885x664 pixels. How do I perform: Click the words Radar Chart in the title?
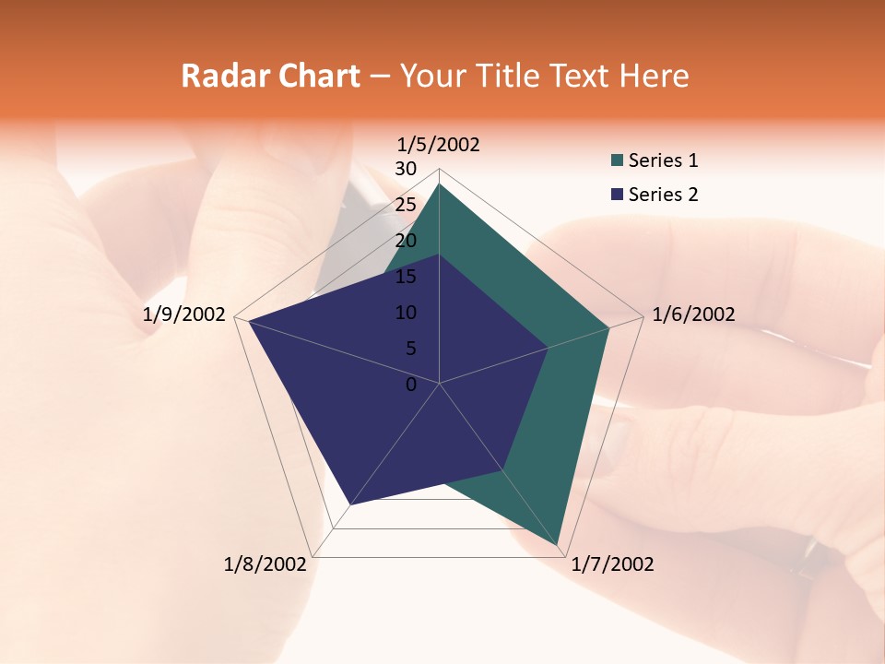(270, 76)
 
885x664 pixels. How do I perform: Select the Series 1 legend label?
(663, 160)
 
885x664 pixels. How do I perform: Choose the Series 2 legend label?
(663, 195)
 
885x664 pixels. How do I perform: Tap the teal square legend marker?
(617, 161)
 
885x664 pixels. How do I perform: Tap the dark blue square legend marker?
(617, 195)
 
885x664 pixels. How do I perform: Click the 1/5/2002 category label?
(438, 144)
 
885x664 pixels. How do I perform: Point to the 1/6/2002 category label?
(693, 314)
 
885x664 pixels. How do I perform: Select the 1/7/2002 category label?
(612, 564)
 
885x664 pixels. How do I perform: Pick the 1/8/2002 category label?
(265, 564)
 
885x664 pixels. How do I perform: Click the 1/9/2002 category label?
(184, 314)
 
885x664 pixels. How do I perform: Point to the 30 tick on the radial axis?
(406, 169)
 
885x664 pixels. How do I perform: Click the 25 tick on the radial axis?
(406, 205)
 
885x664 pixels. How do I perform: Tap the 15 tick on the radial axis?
(406, 277)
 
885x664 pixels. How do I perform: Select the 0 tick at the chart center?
(411, 385)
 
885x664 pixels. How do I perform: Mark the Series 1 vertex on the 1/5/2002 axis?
(439, 184)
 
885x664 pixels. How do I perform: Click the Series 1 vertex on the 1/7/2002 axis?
(558, 544)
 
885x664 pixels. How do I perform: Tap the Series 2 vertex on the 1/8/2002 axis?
(350, 504)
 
